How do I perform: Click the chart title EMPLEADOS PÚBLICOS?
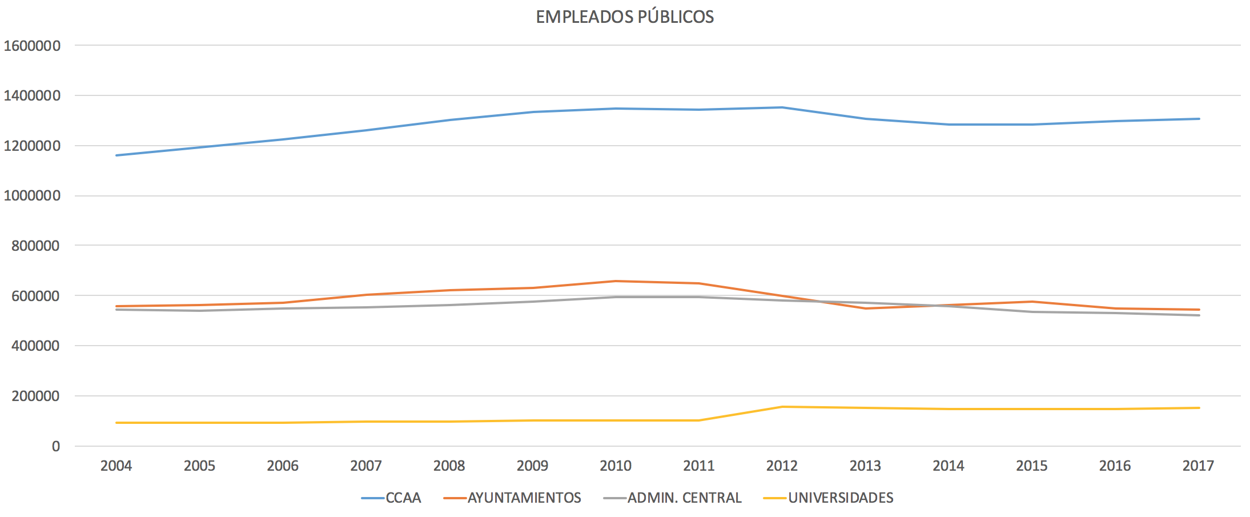tap(625, 17)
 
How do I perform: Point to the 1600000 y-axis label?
tap(32, 46)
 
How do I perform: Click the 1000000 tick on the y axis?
tap(32, 196)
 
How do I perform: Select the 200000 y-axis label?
tap(35, 396)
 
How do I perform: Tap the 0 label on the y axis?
tap(55, 446)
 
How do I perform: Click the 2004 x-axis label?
tap(116, 466)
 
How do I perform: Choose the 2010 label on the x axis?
tap(616, 466)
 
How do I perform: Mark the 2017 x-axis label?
tap(1198, 466)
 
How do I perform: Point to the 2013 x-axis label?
tap(865, 466)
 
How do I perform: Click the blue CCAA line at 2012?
tap(782, 107)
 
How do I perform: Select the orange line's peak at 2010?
tap(616, 281)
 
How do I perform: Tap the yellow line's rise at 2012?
tap(782, 407)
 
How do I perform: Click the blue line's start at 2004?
tap(116, 155)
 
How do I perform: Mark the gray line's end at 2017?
tap(1199, 315)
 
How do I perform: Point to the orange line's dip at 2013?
tap(865, 308)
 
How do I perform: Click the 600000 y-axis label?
tap(35, 296)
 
